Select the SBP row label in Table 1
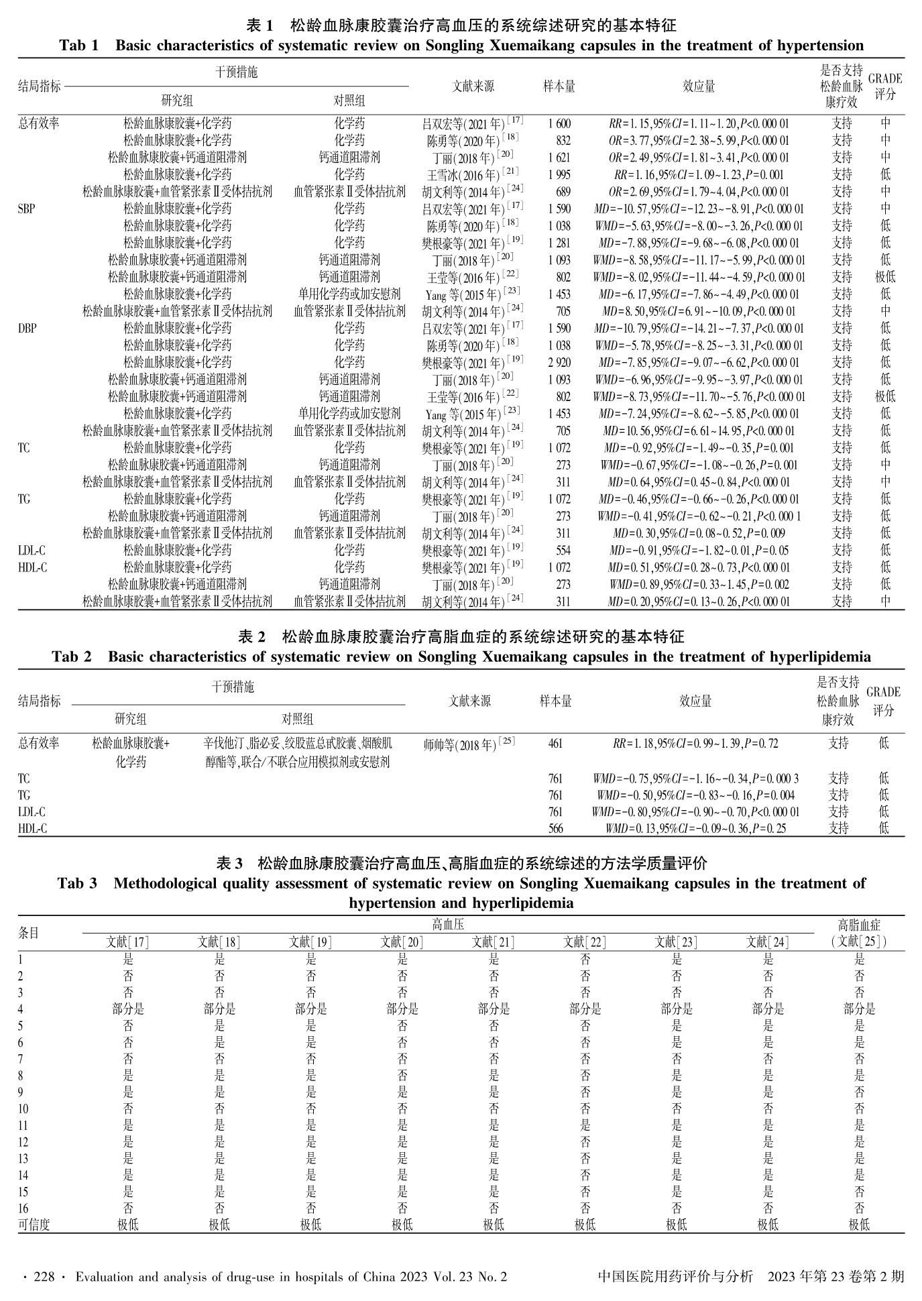[x=26, y=209]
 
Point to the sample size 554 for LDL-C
[x=563, y=550]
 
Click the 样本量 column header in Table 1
[x=559, y=86]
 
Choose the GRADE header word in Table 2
[x=883, y=692]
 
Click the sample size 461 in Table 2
[x=555, y=743]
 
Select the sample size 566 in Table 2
[x=555, y=828]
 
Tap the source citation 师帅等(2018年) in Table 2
[x=469, y=743]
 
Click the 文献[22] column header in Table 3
[x=585, y=942]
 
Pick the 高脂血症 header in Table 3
[x=859, y=925]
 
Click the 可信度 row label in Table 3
[x=34, y=1225]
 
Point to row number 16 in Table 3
[x=24, y=1208]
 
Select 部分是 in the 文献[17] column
[x=127, y=1009]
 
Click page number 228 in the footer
[x=44, y=1277]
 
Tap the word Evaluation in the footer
[x=105, y=1277]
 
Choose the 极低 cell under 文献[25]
[x=859, y=1225]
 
